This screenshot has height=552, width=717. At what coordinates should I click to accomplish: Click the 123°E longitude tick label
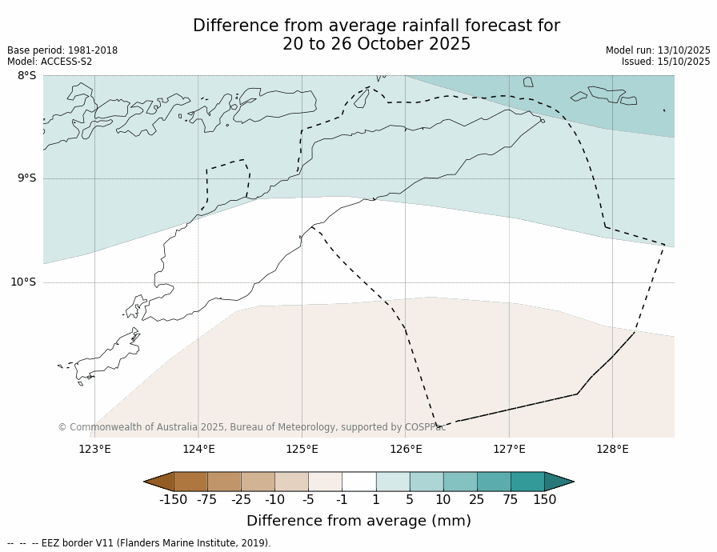point(94,449)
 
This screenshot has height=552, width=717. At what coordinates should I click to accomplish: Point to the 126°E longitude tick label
point(406,449)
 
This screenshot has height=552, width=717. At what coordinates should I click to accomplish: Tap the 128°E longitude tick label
point(612,449)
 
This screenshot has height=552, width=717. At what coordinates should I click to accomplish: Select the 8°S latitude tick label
point(26,76)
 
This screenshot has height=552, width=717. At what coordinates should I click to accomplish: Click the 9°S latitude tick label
point(26,178)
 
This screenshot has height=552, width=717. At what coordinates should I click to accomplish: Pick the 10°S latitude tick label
point(23,282)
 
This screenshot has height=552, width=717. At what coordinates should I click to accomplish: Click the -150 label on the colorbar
point(173,500)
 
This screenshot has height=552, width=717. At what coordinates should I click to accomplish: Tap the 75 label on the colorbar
point(511,500)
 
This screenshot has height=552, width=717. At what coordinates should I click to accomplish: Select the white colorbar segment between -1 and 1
point(358,482)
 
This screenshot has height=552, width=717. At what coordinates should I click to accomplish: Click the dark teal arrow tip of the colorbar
point(560,482)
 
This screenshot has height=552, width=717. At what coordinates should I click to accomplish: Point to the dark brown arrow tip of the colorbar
point(158,482)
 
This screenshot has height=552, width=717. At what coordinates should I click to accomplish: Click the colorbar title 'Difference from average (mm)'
point(358,521)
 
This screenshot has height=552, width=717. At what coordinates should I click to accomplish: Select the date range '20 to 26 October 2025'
point(376,45)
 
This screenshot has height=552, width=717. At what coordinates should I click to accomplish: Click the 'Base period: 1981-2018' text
point(62,50)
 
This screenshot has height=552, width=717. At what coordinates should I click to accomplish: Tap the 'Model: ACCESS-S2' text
point(50,62)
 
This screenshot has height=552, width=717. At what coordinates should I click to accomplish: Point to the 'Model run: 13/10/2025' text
point(658,50)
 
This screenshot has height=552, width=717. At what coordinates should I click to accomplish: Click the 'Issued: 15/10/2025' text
point(666,62)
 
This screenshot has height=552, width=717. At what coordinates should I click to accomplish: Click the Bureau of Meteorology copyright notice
point(251,427)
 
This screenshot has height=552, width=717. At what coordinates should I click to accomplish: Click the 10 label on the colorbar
point(443,500)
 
